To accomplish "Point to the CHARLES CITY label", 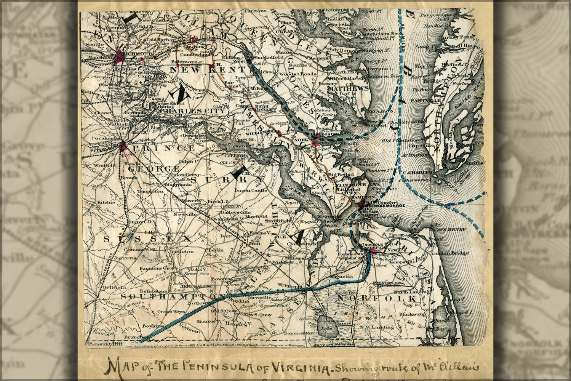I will coord(196,111).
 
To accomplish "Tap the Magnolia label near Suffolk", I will coord(341,276).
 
